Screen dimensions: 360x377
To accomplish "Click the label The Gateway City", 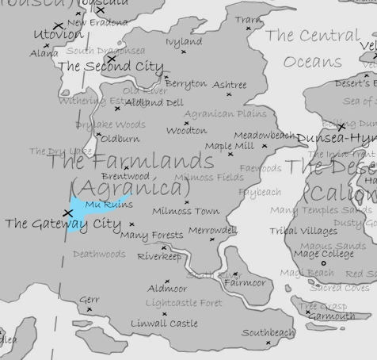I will click(63, 224).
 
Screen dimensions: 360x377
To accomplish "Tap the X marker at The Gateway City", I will click(68, 213).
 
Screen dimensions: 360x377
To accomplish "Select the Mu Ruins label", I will click(109, 205).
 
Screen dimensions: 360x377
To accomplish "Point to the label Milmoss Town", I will click(185, 212).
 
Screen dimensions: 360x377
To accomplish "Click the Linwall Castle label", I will click(164, 324).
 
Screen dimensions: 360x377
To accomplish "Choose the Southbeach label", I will click(268, 333).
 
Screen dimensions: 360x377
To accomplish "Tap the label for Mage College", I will click(324, 254).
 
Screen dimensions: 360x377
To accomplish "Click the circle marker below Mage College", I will click(324, 263).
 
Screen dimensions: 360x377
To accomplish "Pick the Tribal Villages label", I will click(303, 232).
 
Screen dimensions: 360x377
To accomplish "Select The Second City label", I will click(111, 67).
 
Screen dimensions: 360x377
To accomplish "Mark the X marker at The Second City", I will click(112, 58).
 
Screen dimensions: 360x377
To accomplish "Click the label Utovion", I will click(58, 36).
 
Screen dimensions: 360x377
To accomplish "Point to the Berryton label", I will click(185, 83).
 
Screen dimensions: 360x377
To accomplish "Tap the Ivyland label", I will click(184, 42).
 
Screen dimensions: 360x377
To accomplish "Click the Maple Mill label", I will click(230, 146).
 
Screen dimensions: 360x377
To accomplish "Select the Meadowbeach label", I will click(264, 136).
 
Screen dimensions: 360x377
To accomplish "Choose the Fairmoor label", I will click(244, 282).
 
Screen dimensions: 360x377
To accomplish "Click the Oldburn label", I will click(120, 139).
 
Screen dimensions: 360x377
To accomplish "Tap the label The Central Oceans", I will click(312, 48).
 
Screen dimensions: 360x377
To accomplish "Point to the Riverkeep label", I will click(159, 257).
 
